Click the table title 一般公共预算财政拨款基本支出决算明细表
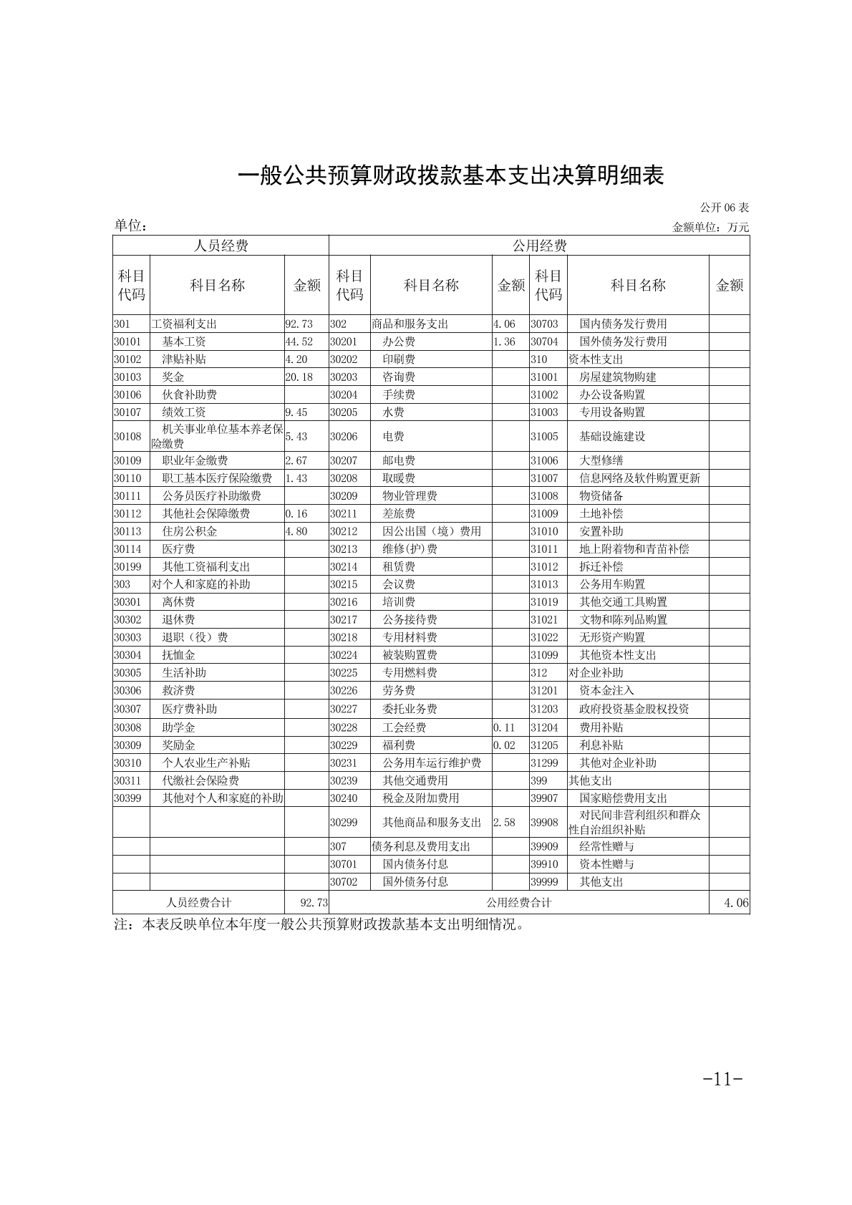point(451,176)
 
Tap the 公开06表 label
point(724,208)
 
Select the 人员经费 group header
point(221,246)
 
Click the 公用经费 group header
point(539,246)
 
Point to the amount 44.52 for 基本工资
point(299,342)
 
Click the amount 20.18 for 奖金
point(299,377)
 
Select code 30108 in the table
point(127,436)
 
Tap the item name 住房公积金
point(190,531)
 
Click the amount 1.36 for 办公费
point(504,342)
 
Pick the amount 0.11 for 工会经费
point(504,727)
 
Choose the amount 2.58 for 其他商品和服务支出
point(504,823)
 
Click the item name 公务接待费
point(410,620)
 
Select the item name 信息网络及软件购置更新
point(639,478)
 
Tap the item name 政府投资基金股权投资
point(634,709)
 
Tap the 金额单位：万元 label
point(710,228)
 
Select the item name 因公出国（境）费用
point(432,531)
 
